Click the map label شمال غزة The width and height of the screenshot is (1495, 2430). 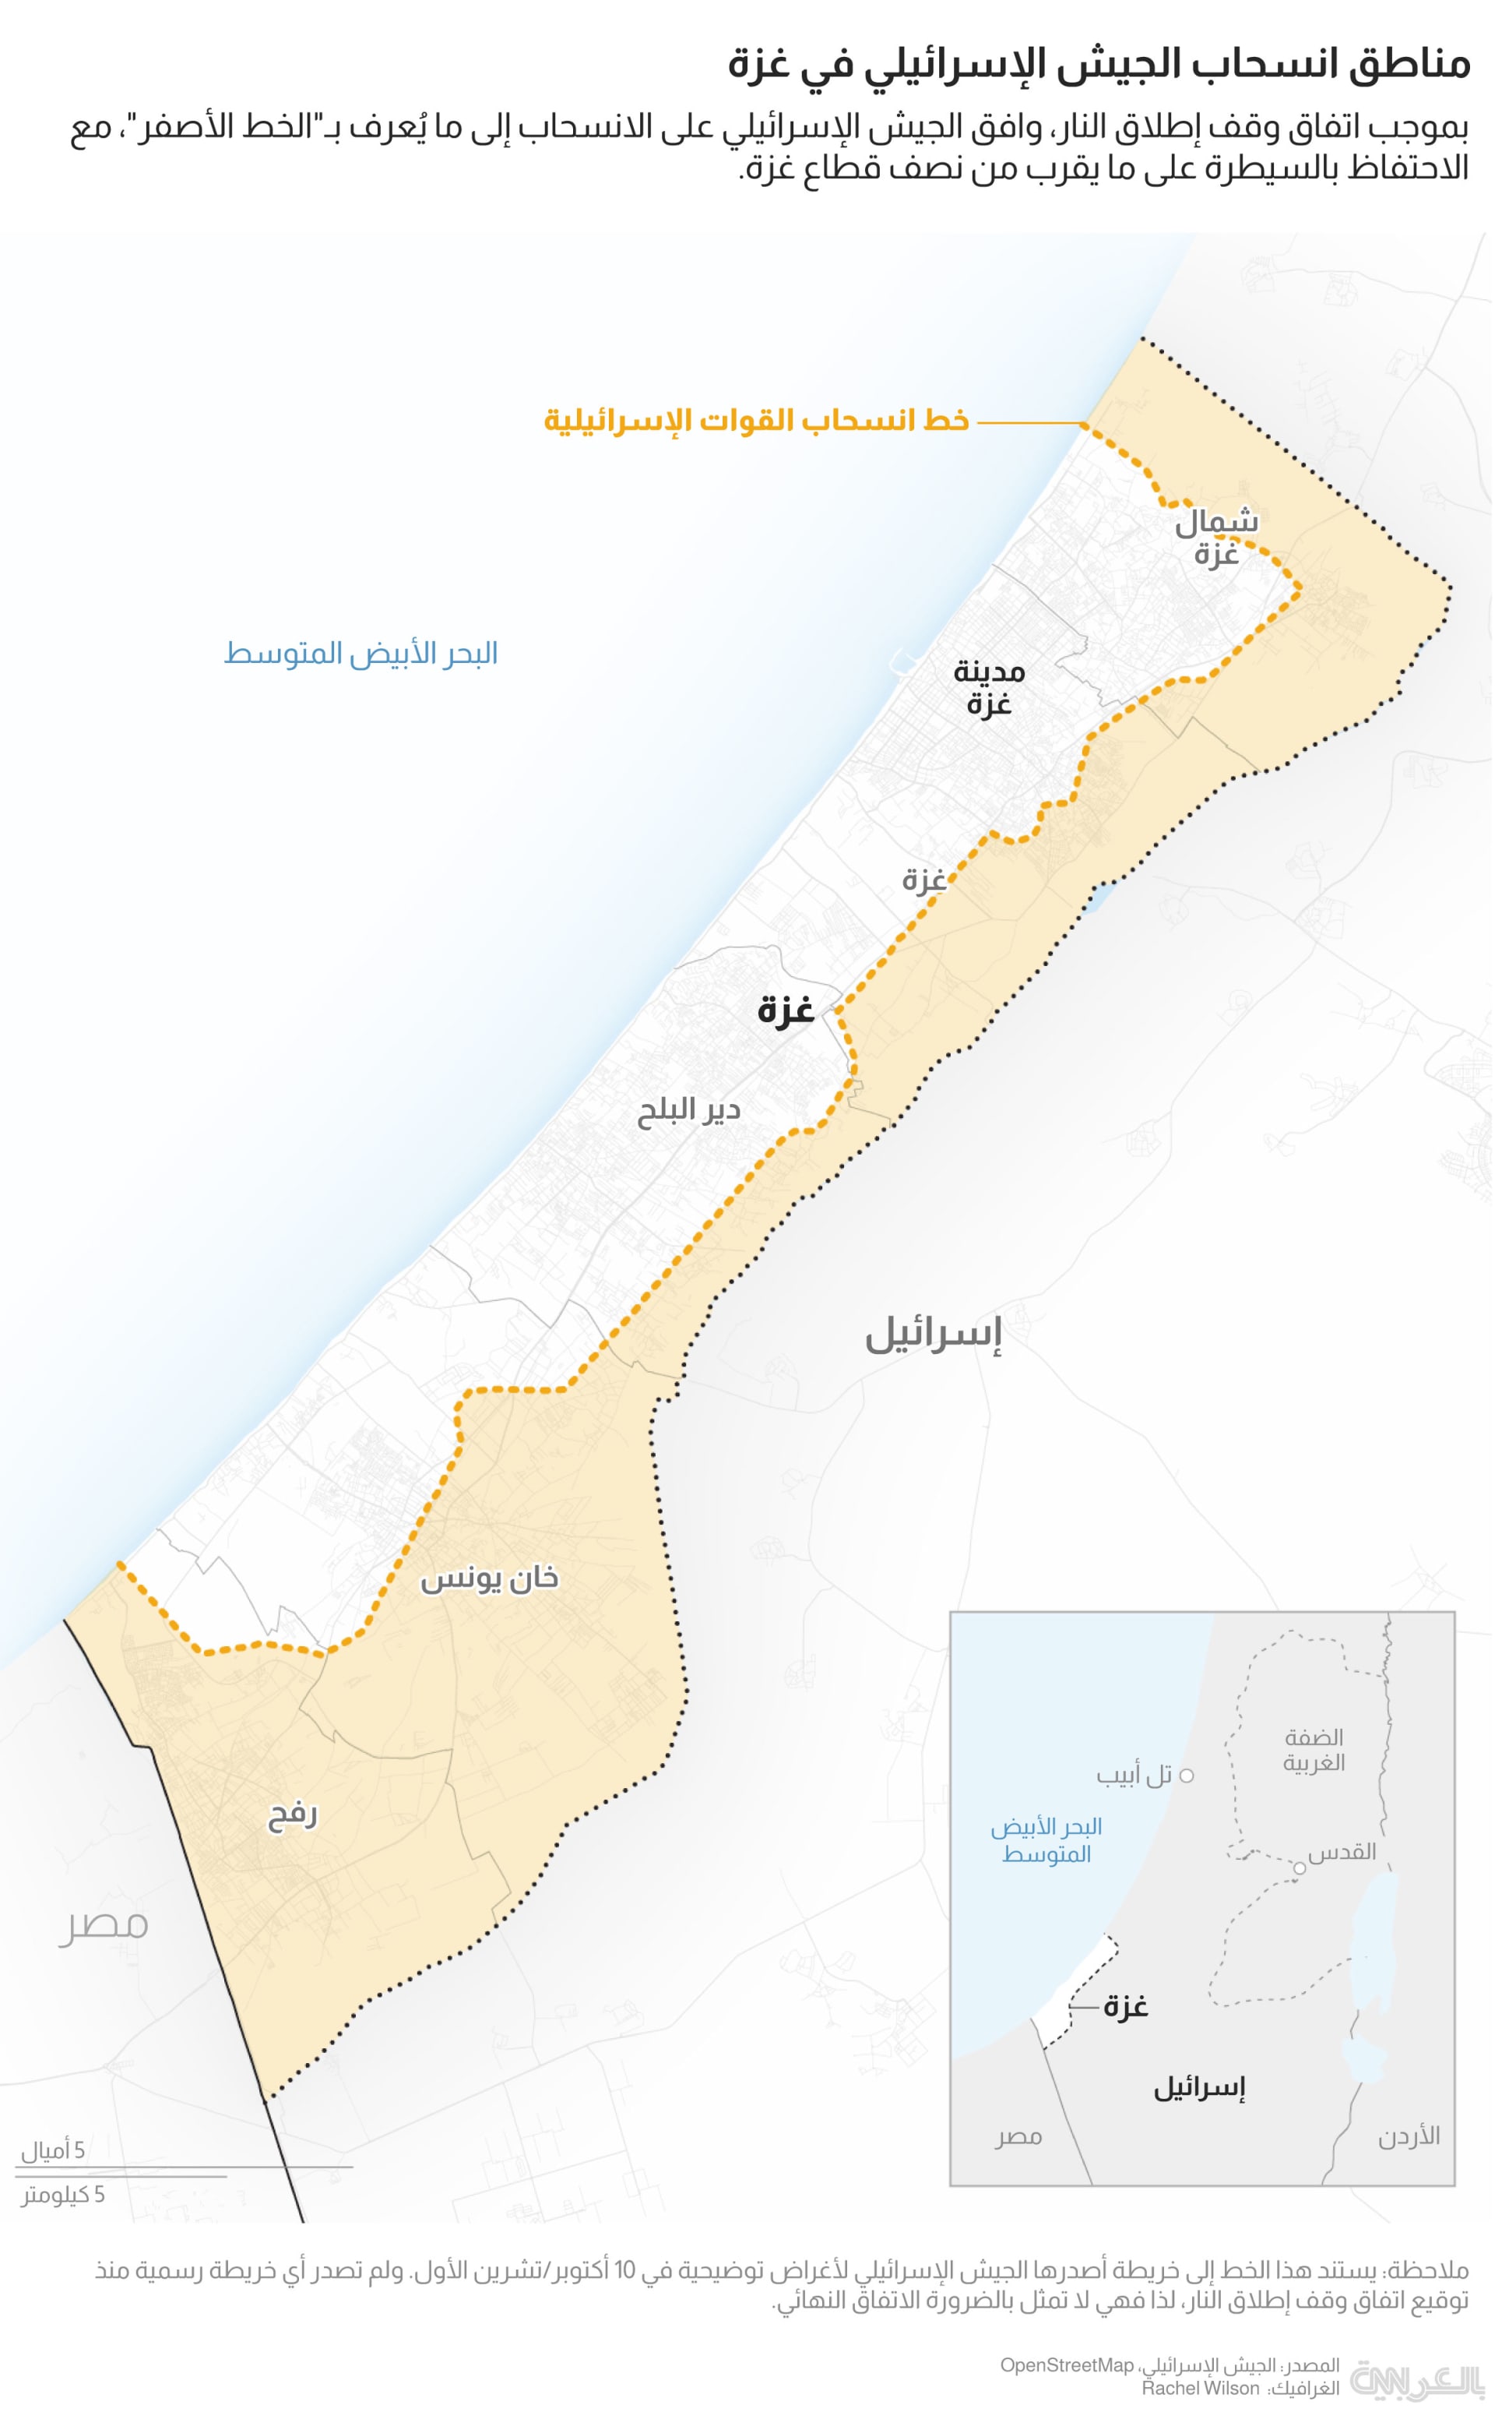(1215, 538)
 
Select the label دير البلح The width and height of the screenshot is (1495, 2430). (688, 1111)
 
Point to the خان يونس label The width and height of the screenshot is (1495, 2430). (490, 1578)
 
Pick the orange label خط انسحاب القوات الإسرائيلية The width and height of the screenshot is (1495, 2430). (755, 421)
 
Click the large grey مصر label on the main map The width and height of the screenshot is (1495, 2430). (103, 1924)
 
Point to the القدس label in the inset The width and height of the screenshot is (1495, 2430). (1342, 1851)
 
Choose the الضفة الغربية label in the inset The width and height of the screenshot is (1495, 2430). (1314, 1750)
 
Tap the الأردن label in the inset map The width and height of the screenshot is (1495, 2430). (1409, 2136)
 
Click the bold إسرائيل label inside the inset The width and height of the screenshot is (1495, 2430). (1198, 2088)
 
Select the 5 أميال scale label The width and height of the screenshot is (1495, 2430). (54, 2151)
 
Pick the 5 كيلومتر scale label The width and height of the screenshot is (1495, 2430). (63, 2195)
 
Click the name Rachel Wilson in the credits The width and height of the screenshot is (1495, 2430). (1201, 2389)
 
